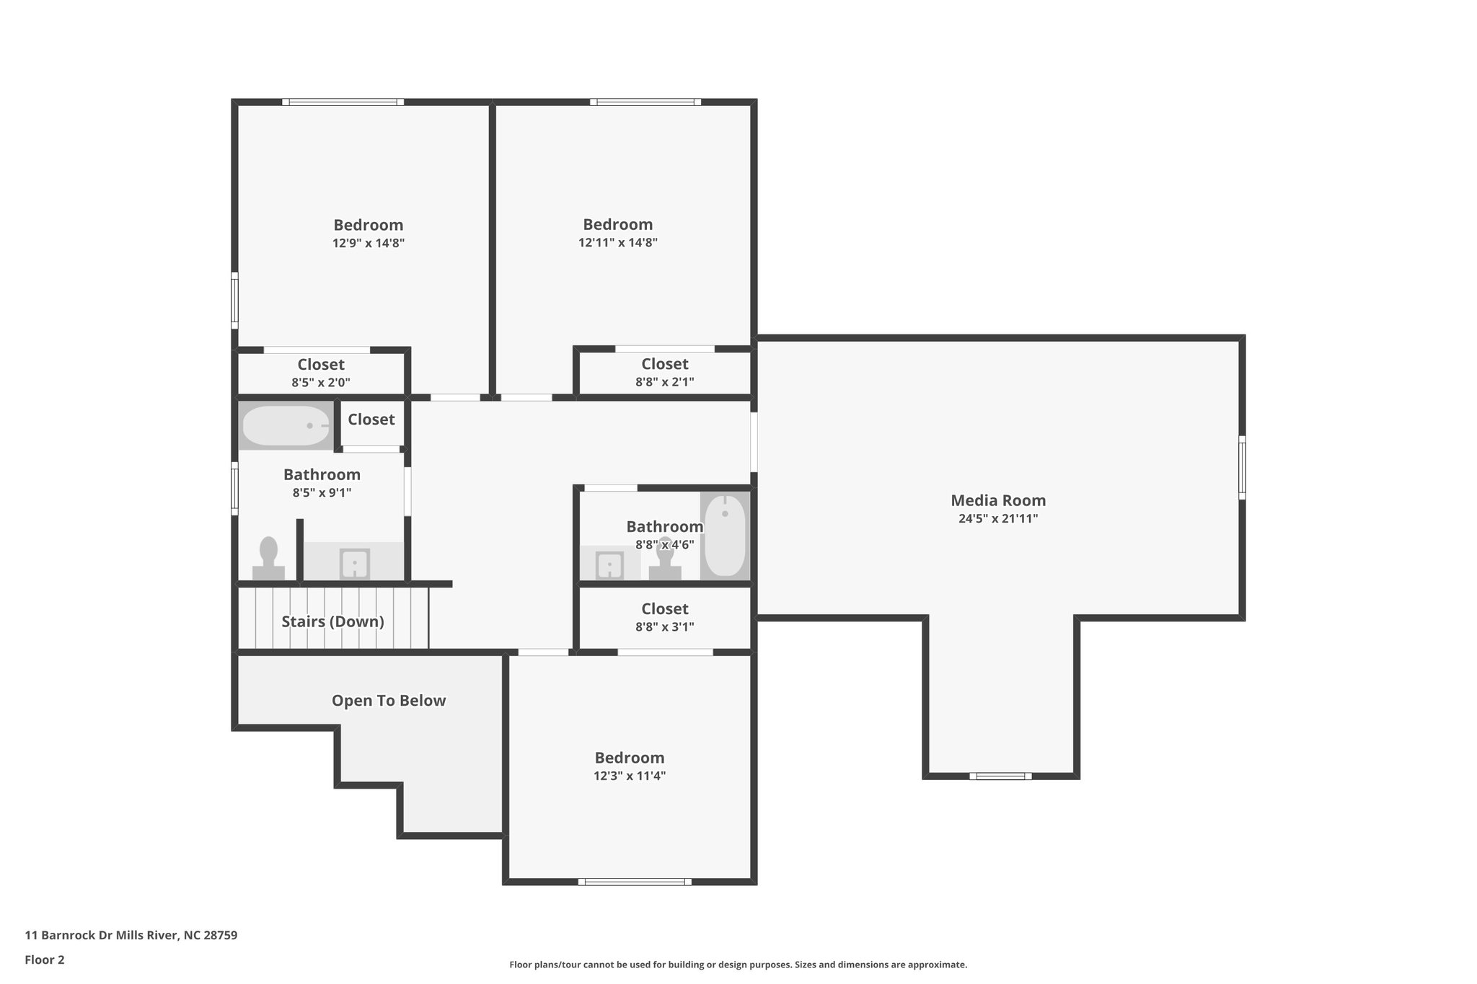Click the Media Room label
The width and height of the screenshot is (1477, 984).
click(997, 500)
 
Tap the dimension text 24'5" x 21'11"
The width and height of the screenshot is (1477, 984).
click(997, 518)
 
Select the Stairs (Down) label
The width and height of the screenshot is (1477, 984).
click(332, 621)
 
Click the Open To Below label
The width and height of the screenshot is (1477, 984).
click(388, 701)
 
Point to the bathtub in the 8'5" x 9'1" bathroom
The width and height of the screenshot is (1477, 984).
click(286, 425)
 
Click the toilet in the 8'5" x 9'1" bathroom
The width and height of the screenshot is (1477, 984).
click(268, 558)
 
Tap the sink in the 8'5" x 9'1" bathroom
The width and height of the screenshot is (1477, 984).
click(354, 564)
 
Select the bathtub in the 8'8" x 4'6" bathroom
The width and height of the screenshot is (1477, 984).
click(724, 535)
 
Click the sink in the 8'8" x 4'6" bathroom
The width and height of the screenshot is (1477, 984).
click(609, 564)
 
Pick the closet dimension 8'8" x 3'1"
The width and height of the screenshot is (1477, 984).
click(664, 627)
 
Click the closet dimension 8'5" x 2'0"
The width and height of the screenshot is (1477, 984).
click(321, 383)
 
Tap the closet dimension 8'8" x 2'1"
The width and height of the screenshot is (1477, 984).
click(664, 382)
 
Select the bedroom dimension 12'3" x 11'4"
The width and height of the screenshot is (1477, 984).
click(629, 776)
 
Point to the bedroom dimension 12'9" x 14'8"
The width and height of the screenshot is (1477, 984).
click(368, 244)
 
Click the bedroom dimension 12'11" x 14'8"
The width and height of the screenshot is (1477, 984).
click(617, 243)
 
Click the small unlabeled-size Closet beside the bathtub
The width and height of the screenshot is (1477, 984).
click(371, 420)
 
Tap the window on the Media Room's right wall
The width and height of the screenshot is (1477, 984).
click(1242, 467)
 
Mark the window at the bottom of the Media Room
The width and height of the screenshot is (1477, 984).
click(1000, 776)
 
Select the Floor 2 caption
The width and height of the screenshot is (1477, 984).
click(45, 959)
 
